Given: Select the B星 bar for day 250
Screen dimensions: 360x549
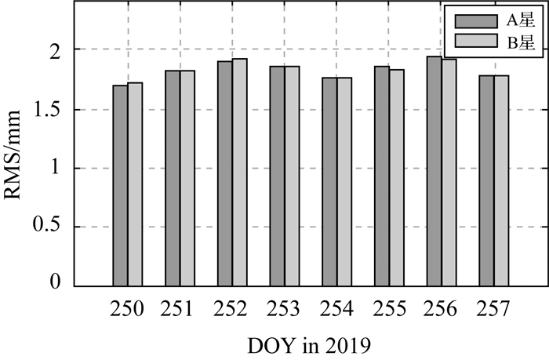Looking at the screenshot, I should click(135, 185).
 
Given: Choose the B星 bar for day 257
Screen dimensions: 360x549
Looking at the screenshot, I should click(502, 181).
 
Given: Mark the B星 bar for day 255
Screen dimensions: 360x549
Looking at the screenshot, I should click(397, 178).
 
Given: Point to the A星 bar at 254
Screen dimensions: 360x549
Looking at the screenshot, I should click(329, 182).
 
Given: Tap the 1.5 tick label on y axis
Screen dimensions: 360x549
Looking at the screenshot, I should click(48, 109).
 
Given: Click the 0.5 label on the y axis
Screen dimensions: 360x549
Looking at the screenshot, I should click(48, 227).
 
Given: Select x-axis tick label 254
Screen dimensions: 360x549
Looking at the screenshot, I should click(336, 310).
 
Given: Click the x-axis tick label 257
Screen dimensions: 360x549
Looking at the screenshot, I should click(494, 310).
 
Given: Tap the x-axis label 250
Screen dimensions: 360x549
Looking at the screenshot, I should click(127, 310).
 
